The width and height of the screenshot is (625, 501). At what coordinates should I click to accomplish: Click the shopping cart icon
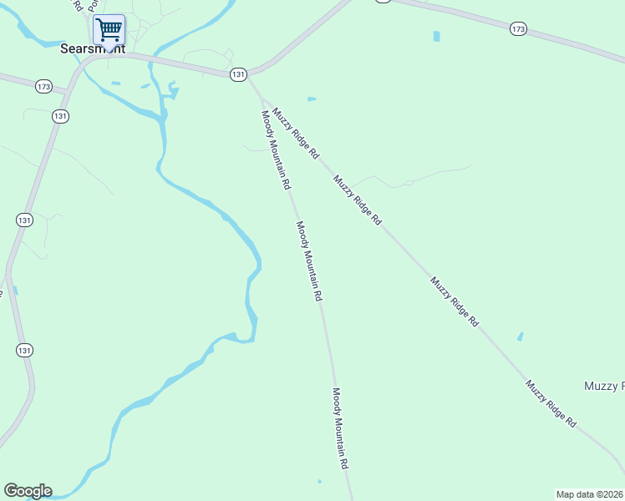point(109,30)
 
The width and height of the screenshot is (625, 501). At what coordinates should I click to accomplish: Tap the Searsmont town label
point(93,49)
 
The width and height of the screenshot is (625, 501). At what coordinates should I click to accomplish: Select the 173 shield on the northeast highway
point(518,29)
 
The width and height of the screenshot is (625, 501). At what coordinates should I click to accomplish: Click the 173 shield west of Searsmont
point(44,86)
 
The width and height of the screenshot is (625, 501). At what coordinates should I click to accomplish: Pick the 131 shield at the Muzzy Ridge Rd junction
point(239,74)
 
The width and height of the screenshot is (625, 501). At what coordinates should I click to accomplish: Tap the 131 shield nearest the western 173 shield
point(60,116)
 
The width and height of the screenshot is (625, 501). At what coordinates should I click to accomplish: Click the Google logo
point(28,491)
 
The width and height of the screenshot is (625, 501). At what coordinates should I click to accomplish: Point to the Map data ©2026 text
point(590,494)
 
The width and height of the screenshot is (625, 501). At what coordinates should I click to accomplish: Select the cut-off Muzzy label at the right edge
point(603,386)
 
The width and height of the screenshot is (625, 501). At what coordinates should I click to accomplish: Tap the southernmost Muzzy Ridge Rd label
point(551,404)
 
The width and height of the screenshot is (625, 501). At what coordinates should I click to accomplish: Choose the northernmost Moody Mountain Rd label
point(275,149)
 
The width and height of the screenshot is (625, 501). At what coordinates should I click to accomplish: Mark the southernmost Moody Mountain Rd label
point(340,428)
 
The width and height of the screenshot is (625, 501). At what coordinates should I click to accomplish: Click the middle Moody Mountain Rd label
point(308,261)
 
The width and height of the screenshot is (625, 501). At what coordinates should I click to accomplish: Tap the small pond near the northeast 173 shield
point(436,37)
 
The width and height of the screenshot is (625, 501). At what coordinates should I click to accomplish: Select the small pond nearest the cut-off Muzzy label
point(521,337)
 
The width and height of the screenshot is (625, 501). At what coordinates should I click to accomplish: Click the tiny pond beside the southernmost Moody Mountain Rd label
point(319,481)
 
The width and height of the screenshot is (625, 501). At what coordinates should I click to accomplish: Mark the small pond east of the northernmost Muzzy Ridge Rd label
point(312,99)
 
